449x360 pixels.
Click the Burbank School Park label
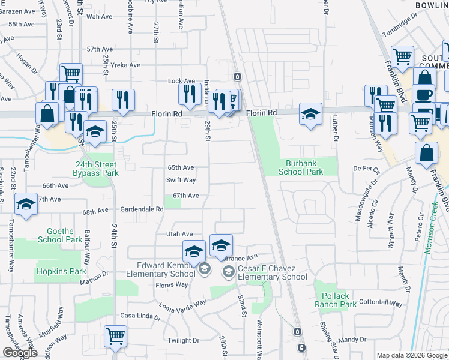point(301,167)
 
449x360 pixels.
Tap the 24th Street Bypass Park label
point(97,168)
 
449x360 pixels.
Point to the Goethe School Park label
point(59,235)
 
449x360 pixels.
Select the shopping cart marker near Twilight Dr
point(115,336)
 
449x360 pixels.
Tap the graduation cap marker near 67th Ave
point(26,204)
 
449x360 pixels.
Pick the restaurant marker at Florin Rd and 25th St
point(124,100)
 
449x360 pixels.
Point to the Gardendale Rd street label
point(142,209)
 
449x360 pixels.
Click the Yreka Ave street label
point(126,65)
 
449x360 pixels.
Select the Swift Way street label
point(181,179)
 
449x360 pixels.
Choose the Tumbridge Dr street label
point(401,25)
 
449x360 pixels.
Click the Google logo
point(20,353)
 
